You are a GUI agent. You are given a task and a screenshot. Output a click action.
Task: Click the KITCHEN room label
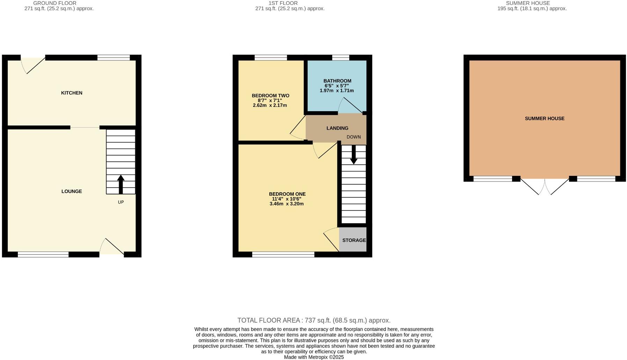pos(72,93)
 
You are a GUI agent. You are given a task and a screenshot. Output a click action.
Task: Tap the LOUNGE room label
pos(72,191)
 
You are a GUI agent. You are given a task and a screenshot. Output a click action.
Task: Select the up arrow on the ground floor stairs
pos(121,184)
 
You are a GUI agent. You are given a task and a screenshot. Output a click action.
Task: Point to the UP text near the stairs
pos(121,202)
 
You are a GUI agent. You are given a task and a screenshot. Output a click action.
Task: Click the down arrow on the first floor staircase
pos(353,155)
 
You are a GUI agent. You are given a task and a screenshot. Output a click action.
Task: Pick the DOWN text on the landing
pos(353,137)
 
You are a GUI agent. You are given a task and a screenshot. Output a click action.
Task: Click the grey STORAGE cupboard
pos(353,240)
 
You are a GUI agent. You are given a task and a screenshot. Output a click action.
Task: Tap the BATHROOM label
pos(337,81)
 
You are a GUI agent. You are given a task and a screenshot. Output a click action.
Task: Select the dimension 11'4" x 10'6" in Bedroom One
pos(286,199)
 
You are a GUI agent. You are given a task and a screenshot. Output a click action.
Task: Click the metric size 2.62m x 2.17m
pos(270,105)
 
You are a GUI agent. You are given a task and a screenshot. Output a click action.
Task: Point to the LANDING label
pos(337,128)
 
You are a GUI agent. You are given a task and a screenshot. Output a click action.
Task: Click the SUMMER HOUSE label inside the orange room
pos(545,118)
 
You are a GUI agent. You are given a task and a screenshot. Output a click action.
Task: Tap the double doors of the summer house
pos(545,186)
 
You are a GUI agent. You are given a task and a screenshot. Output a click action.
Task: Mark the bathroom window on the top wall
pos(341,58)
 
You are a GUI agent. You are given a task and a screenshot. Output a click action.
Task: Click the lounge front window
pos(43,254)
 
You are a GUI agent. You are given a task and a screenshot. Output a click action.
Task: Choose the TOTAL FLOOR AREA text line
pos(314,320)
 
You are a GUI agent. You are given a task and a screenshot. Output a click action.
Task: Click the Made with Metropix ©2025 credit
pos(314,357)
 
